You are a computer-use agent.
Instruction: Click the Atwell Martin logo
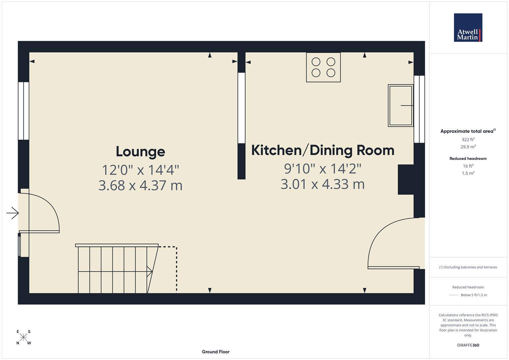point(468,28)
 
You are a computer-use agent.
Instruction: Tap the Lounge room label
point(140,152)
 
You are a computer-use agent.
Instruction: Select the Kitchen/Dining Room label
point(322,150)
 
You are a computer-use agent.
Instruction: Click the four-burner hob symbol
point(323,67)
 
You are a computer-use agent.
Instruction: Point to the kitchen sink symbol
point(401,105)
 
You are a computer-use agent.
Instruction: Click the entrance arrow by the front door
point(13,213)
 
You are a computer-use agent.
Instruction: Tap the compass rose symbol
point(23,337)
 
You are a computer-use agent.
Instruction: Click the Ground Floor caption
point(215,352)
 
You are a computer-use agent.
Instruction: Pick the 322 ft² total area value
point(468,140)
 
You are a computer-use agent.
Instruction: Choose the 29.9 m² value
point(468,147)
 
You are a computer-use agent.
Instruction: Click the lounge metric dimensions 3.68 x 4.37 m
point(140,185)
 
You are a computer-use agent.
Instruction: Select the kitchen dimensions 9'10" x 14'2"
point(322,169)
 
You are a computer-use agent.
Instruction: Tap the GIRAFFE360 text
point(468,345)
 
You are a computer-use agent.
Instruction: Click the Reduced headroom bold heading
point(468,159)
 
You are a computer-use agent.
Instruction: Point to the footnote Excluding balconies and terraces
point(468,267)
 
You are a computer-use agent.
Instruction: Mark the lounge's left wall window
point(23,111)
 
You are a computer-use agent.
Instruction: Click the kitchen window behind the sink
point(419,109)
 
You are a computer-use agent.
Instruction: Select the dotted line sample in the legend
point(453,295)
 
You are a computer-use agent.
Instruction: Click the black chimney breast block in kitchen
point(406,179)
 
